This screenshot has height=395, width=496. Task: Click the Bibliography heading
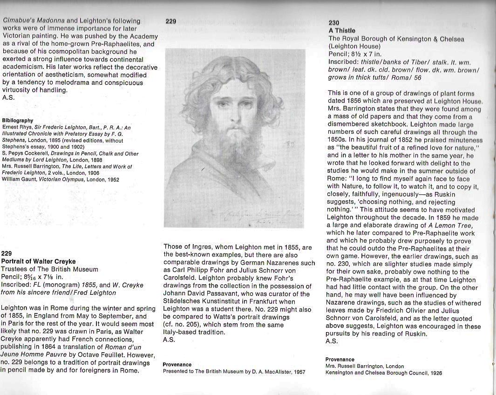[18, 120]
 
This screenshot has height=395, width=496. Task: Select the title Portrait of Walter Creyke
[38, 261]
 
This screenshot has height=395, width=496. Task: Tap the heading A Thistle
[342, 31]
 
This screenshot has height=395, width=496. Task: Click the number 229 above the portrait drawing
[170, 21]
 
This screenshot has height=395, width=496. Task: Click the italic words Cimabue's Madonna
[34, 20]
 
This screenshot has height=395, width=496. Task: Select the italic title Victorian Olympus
[57, 179]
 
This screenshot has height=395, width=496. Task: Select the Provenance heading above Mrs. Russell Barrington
[340, 360]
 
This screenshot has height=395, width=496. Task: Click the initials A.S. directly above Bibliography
[8, 98]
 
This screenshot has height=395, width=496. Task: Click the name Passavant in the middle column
[243, 294]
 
